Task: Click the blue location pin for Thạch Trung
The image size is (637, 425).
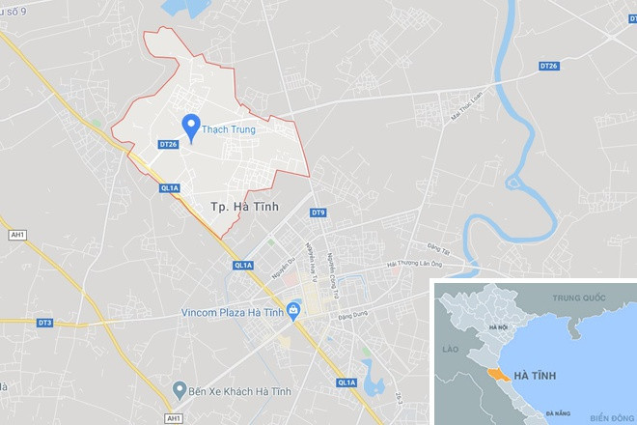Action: tap(191, 127)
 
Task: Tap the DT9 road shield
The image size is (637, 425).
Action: tap(318, 212)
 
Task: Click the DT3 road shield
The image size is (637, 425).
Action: tap(44, 323)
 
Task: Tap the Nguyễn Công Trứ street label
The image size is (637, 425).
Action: tap(334, 250)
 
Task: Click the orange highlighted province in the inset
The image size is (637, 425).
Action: tap(497, 372)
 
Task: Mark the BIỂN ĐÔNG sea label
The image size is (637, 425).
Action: tap(608, 417)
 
